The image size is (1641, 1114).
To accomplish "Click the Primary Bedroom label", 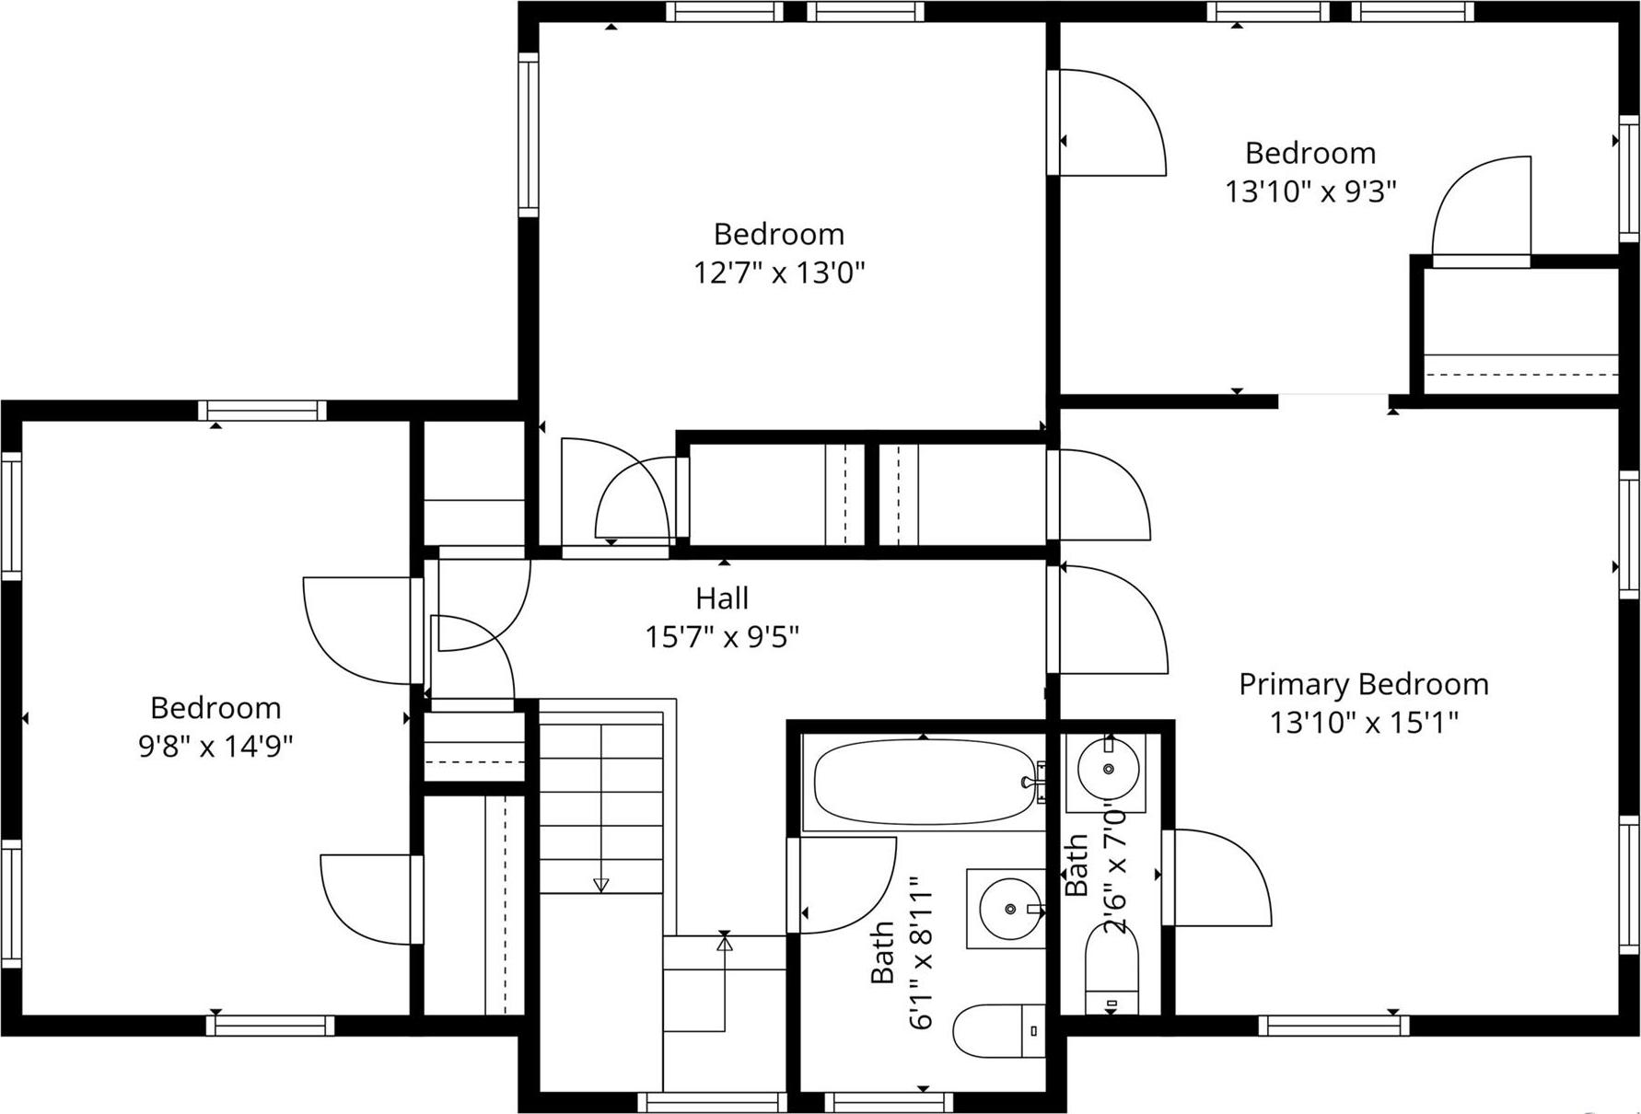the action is pyautogui.click(x=1363, y=684).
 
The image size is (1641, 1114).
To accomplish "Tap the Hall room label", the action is pyautogui.click(x=722, y=598).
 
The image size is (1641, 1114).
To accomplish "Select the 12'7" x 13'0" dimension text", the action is pyautogui.click(x=779, y=273).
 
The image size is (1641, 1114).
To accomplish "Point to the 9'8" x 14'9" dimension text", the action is pyautogui.click(x=215, y=745).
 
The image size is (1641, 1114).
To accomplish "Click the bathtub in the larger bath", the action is pyautogui.click(x=925, y=783).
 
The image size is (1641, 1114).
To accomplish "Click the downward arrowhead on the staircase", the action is pyautogui.click(x=601, y=886).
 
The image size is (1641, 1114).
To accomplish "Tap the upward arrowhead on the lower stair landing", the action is pyautogui.click(x=724, y=943).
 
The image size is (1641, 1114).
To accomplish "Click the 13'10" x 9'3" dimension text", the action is pyautogui.click(x=1310, y=191).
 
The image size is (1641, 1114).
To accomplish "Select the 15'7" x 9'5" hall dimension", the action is pyautogui.click(x=722, y=636).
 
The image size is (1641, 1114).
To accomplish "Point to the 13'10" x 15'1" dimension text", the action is pyautogui.click(x=1365, y=723).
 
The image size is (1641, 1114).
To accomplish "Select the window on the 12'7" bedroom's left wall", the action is pyautogui.click(x=528, y=134).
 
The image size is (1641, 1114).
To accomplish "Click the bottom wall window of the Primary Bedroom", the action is pyautogui.click(x=1333, y=1025).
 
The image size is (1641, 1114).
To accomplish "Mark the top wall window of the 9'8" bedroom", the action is pyautogui.click(x=262, y=411).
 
